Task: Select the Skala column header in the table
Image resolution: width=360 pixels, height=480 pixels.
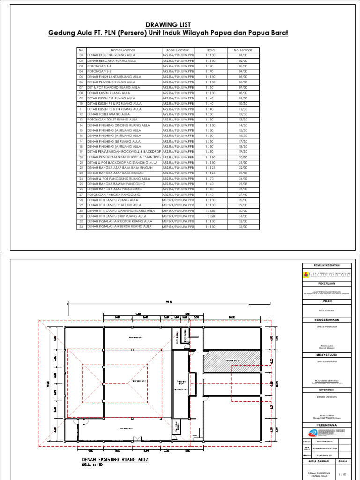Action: pyautogui.click(x=210, y=50)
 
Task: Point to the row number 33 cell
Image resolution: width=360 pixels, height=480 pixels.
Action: pyautogui.click(x=81, y=227)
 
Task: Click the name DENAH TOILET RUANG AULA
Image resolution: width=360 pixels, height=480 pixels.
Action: pyautogui.click(x=108, y=114)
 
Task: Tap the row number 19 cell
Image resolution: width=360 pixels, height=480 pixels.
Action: pyautogui.click(x=81, y=152)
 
